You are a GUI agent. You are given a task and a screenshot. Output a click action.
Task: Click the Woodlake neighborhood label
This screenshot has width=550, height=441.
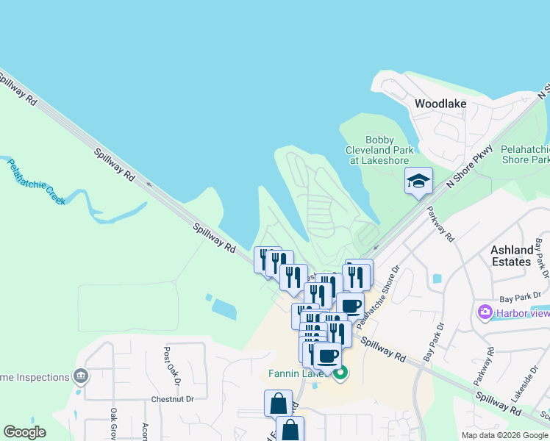pos(440,104)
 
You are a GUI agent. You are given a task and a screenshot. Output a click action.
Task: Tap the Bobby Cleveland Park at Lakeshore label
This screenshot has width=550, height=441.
pos(380,150)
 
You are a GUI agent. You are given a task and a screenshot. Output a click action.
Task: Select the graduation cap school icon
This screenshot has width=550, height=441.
pos(418,181)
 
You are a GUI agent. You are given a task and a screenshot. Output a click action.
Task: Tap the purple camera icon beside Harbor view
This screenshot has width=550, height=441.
pos(485,312)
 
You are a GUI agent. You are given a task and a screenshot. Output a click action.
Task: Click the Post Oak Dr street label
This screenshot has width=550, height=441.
pos(172,366)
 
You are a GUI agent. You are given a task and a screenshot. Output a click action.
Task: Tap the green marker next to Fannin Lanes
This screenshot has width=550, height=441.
pos(340,373)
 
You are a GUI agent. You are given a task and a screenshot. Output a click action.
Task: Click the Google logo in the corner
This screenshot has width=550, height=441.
pos(24,432)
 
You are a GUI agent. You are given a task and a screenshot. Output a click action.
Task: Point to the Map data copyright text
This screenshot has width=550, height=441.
pos(504,435)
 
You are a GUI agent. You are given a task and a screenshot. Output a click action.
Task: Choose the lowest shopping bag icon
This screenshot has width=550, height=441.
pos(290,429)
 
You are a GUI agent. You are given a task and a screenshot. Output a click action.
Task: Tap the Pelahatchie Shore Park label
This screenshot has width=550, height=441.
pos(525,154)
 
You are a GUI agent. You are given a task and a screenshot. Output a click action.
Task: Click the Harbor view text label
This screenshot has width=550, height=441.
pos(523,312)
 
